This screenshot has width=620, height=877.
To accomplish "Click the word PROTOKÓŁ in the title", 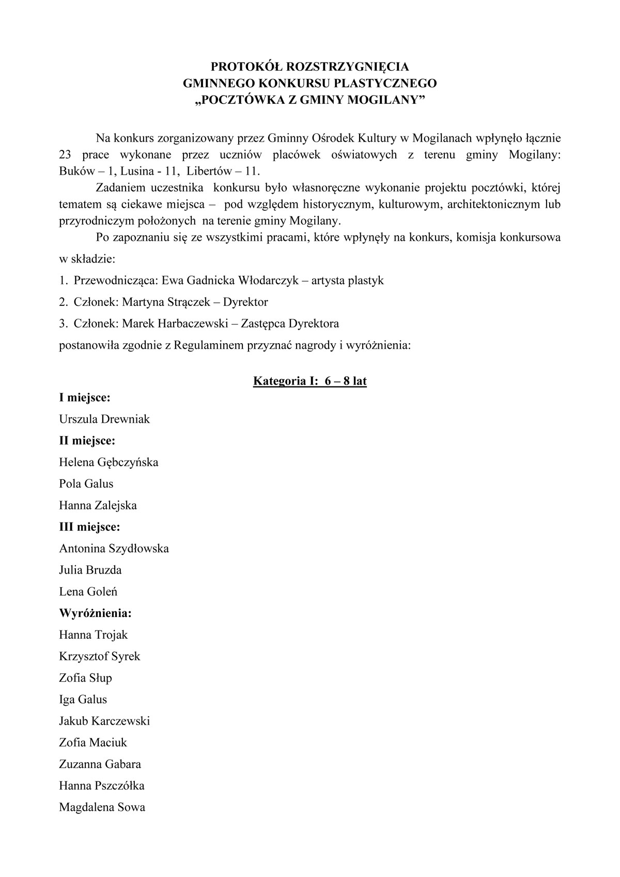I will click(x=239, y=67).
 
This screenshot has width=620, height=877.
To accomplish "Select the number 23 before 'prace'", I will click(x=66, y=155).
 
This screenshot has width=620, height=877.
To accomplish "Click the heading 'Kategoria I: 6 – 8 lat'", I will click(x=309, y=381).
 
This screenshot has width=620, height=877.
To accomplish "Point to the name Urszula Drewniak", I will click(x=104, y=419).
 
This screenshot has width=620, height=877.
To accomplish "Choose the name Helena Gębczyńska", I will click(x=109, y=462).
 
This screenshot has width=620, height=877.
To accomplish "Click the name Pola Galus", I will click(x=86, y=484).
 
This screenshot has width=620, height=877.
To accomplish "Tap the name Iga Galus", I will click(x=83, y=699).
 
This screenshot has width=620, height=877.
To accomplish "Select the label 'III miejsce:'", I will click(x=89, y=527).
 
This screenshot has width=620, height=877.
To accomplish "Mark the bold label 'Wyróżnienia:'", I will click(x=95, y=613).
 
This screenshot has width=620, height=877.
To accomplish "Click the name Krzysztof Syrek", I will click(x=100, y=656).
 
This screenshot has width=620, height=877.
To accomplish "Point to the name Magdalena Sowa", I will click(x=102, y=807).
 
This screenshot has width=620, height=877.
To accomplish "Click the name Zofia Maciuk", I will click(x=93, y=743).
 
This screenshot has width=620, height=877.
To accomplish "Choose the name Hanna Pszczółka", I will click(x=102, y=786).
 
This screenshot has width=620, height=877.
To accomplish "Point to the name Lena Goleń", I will click(x=88, y=592).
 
